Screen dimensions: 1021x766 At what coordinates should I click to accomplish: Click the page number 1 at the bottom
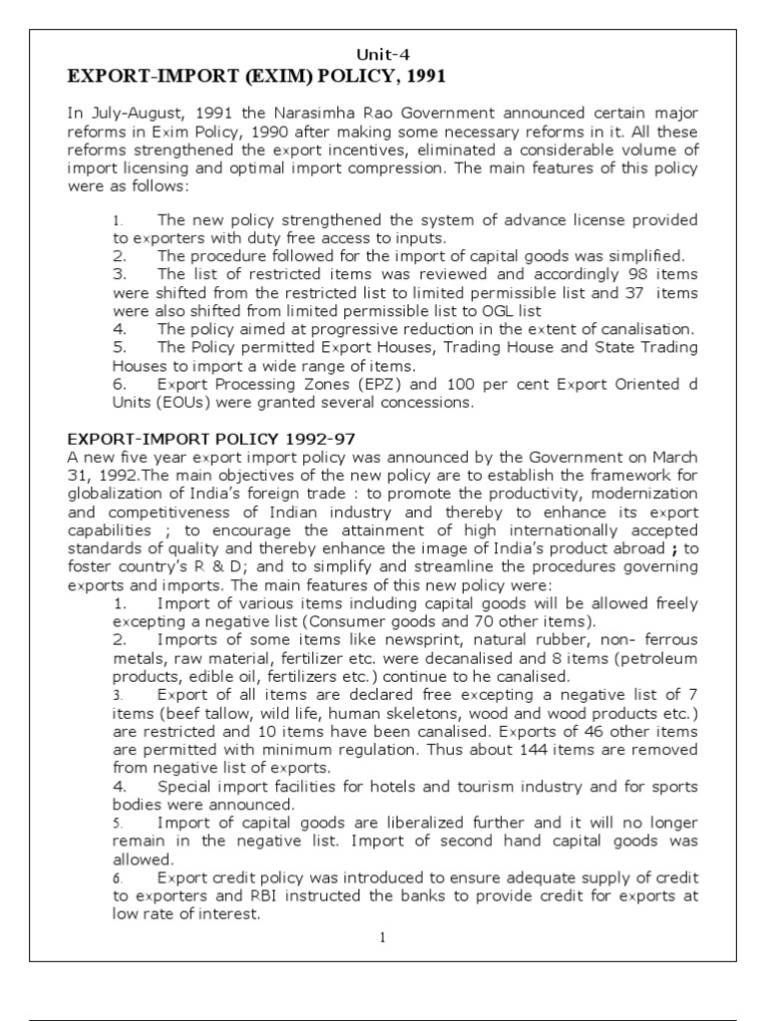coord(383,938)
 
